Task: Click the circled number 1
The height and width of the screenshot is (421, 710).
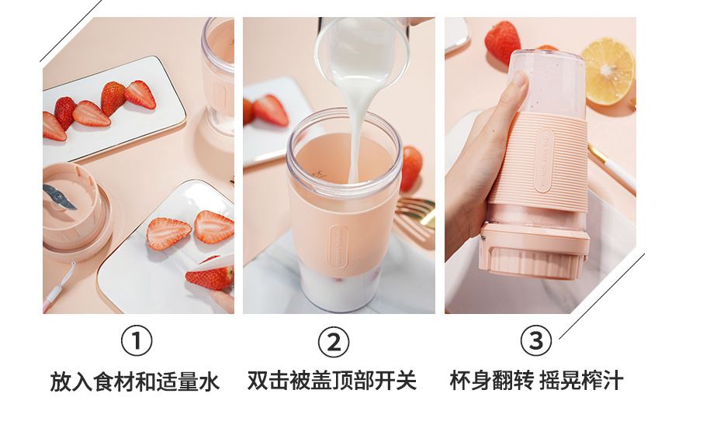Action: [x=137, y=341]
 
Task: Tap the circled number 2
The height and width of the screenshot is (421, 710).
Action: [x=333, y=343]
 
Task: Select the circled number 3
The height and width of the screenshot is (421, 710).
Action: [x=535, y=340]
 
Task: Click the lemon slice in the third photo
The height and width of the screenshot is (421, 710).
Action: [x=608, y=71]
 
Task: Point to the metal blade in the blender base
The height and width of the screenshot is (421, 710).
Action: [x=58, y=197]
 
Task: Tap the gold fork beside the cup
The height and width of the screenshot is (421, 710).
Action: [x=414, y=212]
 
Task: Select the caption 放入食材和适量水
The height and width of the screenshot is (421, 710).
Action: [x=134, y=382]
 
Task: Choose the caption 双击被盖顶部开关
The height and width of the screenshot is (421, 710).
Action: [x=331, y=381]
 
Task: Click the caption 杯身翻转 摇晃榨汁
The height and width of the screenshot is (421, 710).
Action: [x=536, y=381]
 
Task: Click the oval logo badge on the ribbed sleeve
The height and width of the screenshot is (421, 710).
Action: [x=544, y=160]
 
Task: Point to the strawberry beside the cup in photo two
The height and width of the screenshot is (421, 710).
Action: [x=410, y=168]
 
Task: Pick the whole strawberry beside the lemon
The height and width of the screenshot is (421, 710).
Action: [x=502, y=42]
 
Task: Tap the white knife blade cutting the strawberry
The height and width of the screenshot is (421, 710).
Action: [x=212, y=263]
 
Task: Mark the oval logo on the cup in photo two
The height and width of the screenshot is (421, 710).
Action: [x=338, y=246]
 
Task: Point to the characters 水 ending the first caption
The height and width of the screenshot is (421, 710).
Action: [x=210, y=382]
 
